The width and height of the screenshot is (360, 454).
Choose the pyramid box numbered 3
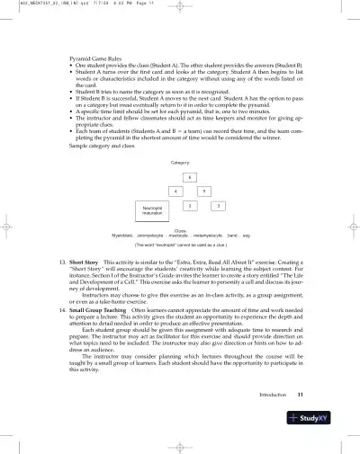[x=218, y=207]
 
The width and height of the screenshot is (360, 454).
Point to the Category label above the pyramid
[x=179, y=161]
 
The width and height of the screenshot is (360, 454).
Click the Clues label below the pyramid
[x=180, y=229]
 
